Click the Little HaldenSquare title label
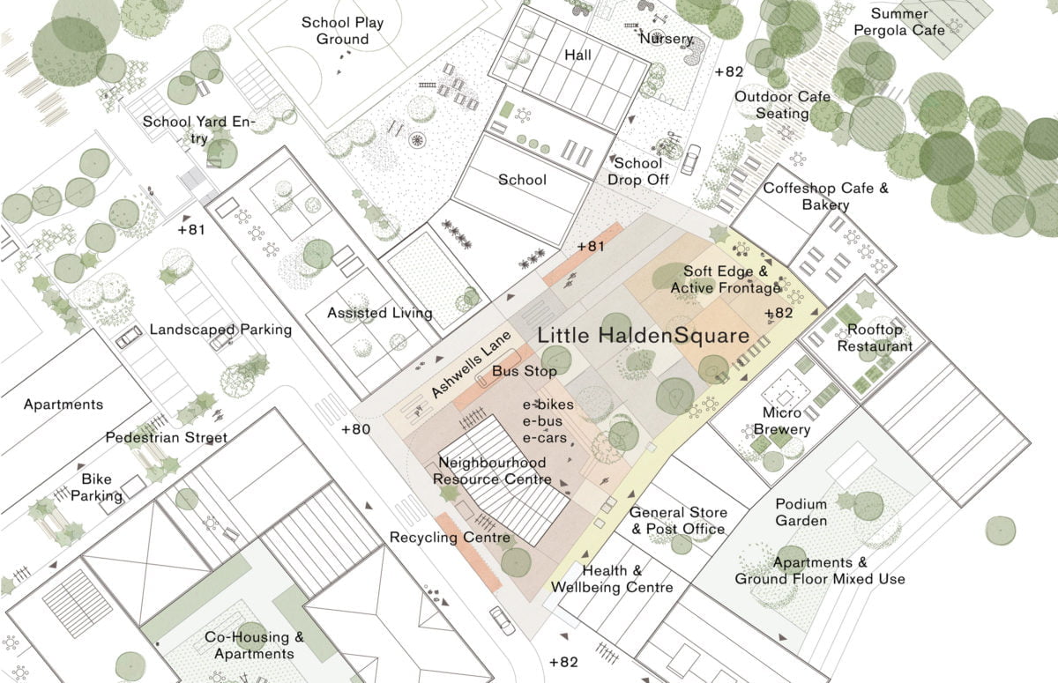tap(643, 336)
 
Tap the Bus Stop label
tap(525, 372)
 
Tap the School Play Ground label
tap(343, 31)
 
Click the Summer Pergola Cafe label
tap(907, 22)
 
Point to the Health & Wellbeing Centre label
tap(612, 579)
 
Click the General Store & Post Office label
tap(678, 521)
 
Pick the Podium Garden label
tap(801, 512)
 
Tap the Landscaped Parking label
tap(220, 330)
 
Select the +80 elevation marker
tap(356, 430)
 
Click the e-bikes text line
tap(548, 405)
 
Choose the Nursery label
tap(667, 39)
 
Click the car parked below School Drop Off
tap(689, 159)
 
